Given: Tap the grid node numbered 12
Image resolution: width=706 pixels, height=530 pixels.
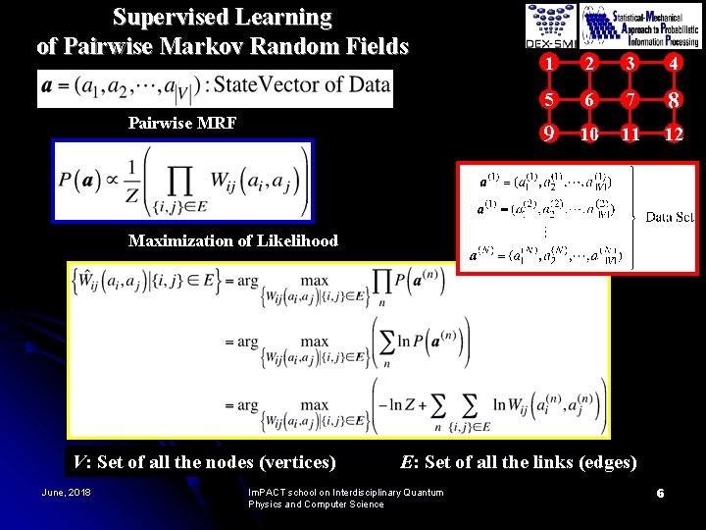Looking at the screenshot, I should pyautogui.click(x=672, y=132).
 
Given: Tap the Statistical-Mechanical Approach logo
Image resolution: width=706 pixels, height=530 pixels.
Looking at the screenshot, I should pyautogui.click(x=641, y=26).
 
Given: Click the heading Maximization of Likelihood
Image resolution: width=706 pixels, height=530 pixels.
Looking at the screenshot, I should pyautogui.click(x=233, y=240).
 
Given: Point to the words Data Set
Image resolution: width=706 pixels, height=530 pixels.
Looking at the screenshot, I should pyautogui.click(x=670, y=217).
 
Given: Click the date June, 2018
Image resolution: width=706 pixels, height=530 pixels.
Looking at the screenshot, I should pyautogui.click(x=66, y=492).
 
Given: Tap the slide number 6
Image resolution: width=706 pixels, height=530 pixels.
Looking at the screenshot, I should pyautogui.click(x=661, y=493).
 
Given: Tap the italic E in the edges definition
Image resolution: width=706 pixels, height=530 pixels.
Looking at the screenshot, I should pyautogui.click(x=408, y=461).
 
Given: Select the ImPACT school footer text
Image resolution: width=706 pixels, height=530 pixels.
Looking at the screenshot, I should pyautogui.click(x=345, y=498).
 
